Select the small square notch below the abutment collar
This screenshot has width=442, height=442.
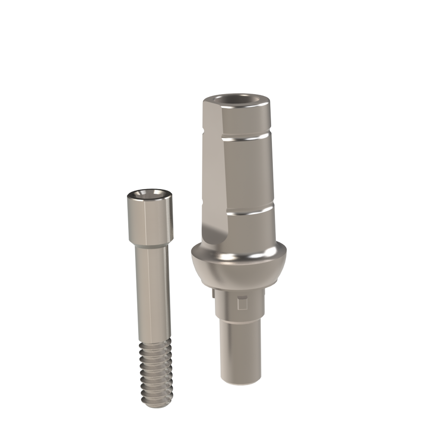pyautogui.click(x=243, y=304)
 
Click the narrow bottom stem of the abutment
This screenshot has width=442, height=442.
pyautogui.click(x=240, y=345)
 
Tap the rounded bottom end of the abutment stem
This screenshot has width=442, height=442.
pyautogui.click(x=240, y=380)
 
